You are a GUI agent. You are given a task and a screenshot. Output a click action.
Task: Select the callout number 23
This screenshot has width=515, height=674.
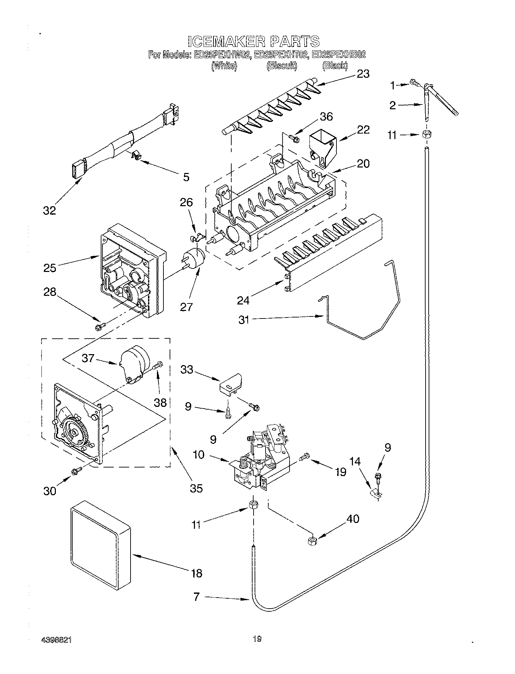(363, 74)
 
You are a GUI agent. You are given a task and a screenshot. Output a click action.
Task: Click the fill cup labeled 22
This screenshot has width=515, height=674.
(322, 146)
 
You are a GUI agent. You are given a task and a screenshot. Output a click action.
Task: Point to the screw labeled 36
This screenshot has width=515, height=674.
(294, 138)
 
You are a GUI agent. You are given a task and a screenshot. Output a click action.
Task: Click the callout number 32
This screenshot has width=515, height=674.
(49, 210)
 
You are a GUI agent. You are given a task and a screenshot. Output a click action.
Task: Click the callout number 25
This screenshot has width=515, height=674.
(50, 267)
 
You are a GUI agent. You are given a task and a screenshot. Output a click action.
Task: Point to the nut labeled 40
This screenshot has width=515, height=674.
(312, 541)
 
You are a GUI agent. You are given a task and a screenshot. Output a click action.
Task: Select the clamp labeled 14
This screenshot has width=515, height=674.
(376, 494)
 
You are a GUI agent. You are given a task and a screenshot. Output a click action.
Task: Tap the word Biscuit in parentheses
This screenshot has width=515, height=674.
(282, 66)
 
